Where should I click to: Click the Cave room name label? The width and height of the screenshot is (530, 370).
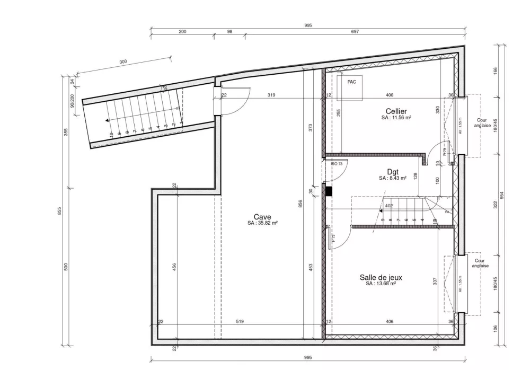click(262, 217)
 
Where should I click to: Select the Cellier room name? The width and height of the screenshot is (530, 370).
click(396, 111)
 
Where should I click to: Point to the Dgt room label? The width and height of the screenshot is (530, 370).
click(392, 172)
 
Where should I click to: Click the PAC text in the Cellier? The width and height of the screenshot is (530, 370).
click(351, 82)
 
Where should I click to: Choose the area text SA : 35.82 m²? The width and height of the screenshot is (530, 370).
click(262, 223)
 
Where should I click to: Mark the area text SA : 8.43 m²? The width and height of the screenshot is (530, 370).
click(392, 179)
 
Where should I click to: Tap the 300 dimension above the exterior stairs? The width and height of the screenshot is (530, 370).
click(123, 62)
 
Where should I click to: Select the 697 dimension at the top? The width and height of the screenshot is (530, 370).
click(355, 32)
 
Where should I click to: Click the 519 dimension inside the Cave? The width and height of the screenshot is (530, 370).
click(240, 321)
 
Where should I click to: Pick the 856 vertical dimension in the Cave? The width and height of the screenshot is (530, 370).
click(301, 205)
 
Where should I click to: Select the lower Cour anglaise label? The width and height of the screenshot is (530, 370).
click(479, 263)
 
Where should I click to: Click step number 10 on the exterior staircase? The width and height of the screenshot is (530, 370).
click(111, 135)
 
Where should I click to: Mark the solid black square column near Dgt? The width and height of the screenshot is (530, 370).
click(329, 191)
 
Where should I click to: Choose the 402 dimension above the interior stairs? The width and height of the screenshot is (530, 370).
click(388, 206)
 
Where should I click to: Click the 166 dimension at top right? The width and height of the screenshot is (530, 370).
click(495, 70)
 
